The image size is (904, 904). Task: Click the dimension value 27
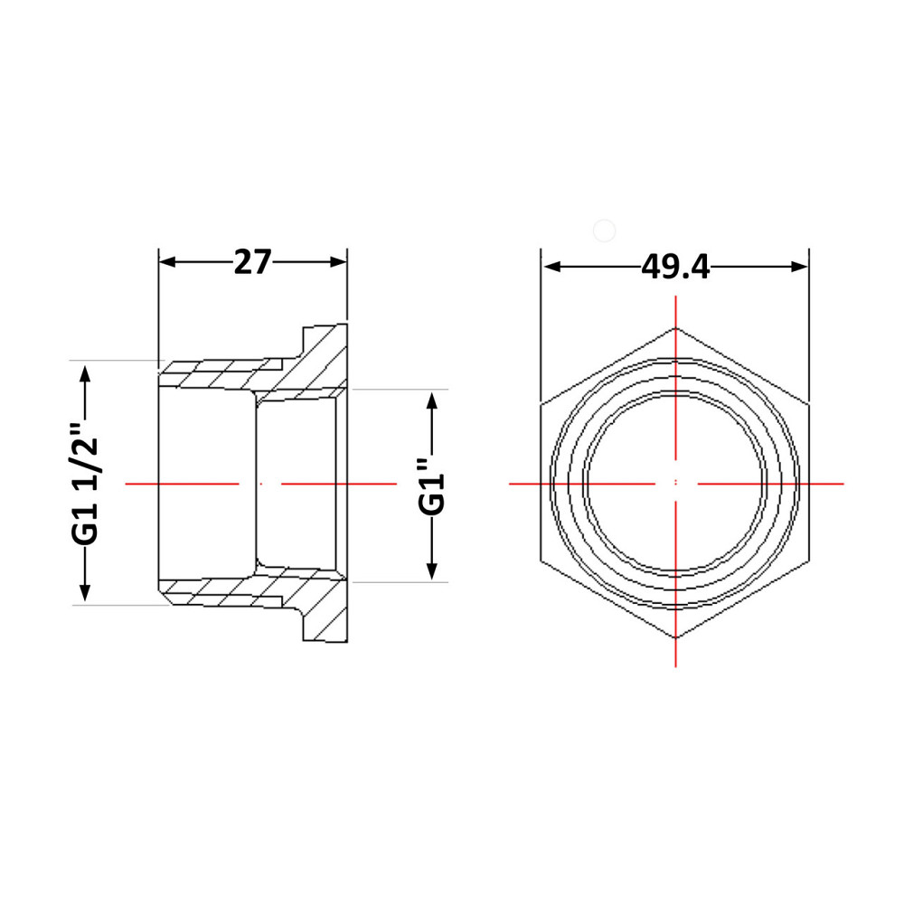(252, 262)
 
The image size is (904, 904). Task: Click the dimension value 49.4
(675, 267)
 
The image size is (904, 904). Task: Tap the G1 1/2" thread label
(85, 483)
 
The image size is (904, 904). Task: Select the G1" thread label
(432, 486)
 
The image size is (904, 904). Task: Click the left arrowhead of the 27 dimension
(167, 262)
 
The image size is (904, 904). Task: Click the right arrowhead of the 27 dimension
(338, 262)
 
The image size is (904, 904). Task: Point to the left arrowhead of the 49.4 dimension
(552, 267)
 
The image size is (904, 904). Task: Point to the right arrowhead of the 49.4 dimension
(799, 267)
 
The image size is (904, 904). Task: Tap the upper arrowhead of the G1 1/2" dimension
(85, 374)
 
